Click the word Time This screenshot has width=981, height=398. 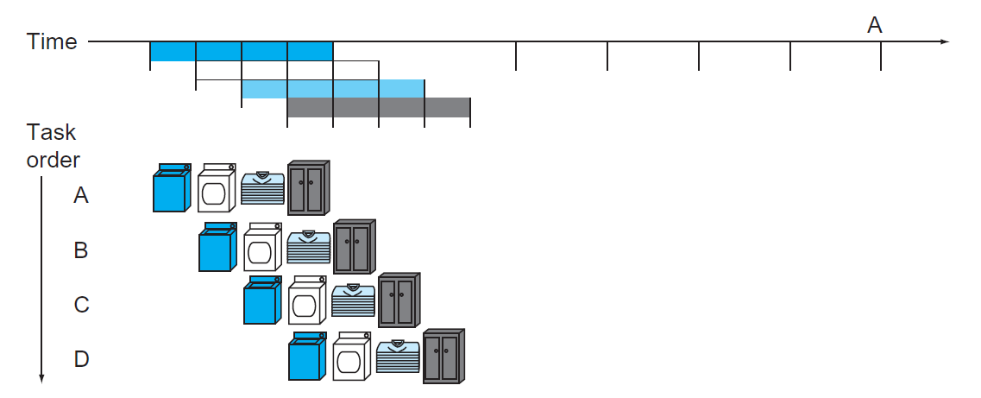pos(52,41)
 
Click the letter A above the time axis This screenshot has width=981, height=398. pos(874,26)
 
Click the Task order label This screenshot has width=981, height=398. pos(53,146)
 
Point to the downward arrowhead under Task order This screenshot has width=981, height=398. pos(41,376)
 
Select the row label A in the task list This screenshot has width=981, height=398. pos(81,196)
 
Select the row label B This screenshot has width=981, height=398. pos(81,250)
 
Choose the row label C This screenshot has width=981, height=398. pos(81,305)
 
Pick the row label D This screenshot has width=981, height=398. pos(81,359)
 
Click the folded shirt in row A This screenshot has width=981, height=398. pos(262,188)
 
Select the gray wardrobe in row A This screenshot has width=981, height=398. pos(308,187)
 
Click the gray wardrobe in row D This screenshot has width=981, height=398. pos(444,356)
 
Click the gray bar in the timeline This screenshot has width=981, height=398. pos(378,107)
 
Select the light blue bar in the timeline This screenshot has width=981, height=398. pos(332,89)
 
